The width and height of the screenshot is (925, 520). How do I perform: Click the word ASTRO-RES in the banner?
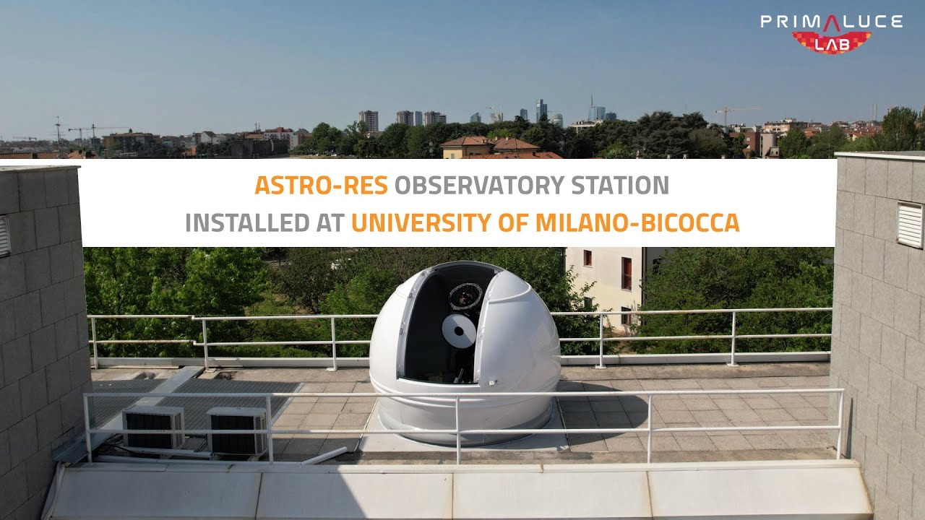coord(321,185)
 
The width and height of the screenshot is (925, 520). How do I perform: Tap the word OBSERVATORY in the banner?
coord(479,185)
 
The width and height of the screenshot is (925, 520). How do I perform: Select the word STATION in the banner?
coord(620,185)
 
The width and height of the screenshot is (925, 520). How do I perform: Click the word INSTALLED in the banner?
coord(247,222)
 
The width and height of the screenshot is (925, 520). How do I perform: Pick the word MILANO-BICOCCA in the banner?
coord(637,222)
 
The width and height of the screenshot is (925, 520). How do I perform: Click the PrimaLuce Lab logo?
coord(831,33)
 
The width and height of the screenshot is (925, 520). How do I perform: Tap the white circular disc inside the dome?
coord(459,331)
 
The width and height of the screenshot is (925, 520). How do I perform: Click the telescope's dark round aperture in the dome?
coord(465,296)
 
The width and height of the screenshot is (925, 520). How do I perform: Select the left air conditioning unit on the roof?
coord(154,427)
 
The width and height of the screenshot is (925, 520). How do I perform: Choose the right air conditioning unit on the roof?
coord(238,431)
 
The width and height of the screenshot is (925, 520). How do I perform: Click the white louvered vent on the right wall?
coord(910,225)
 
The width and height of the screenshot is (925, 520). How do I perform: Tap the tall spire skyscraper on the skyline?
coord(592,108)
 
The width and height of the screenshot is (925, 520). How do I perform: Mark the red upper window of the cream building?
coord(588,258)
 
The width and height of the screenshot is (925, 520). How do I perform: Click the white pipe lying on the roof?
coord(324,456)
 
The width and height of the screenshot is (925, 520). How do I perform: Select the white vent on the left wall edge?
coord(4,236)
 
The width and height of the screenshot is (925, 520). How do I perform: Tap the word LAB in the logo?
coord(832,45)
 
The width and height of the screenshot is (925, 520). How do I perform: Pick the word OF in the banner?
coord(513,222)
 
